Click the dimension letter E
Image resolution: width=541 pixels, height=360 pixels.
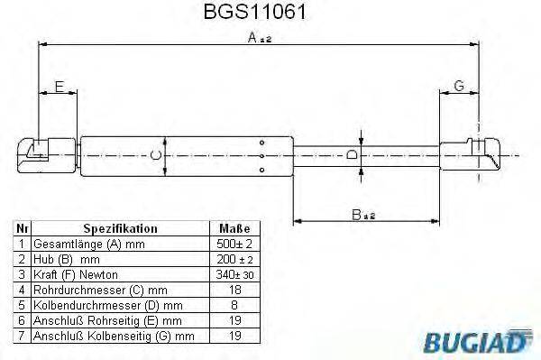coord(59,87)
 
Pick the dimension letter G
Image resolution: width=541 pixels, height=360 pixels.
coord(458,87)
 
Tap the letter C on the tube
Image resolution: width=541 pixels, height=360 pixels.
coord(155,156)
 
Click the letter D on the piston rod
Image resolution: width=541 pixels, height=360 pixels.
coord(353,155)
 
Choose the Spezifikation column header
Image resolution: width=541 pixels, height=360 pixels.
coord(120,229)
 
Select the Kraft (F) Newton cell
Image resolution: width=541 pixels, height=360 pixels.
coord(75,274)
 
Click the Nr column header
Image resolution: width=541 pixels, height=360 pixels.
coord(22,229)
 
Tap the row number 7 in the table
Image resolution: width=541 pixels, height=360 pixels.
coord(22,336)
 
